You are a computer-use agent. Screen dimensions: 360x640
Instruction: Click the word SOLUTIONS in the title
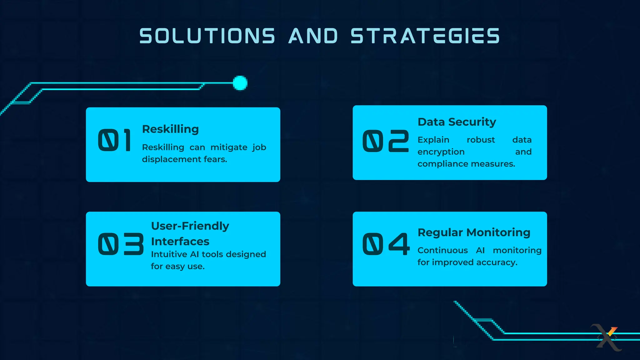coord(207,36)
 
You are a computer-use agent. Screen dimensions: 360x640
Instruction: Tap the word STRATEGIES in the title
coord(425,36)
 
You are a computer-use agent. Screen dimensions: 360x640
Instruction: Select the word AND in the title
coord(313,36)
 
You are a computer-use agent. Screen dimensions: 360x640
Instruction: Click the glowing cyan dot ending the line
coord(240,83)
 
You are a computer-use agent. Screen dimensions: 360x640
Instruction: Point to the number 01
coord(114,141)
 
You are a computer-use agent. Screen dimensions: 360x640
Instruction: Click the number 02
coord(385,141)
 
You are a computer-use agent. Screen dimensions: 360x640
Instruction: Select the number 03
coord(121,244)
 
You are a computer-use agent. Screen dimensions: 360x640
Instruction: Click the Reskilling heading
coord(170,129)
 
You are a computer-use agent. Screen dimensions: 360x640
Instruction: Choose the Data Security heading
coord(457,122)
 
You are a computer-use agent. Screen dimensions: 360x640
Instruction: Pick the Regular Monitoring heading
coord(474,232)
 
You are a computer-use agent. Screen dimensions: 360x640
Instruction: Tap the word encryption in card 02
coord(441,152)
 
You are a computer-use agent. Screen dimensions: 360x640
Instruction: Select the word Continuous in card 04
coord(442,250)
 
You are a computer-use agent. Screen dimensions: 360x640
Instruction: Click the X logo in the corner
coord(607,337)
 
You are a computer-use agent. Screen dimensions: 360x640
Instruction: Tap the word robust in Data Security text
coord(481,140)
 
